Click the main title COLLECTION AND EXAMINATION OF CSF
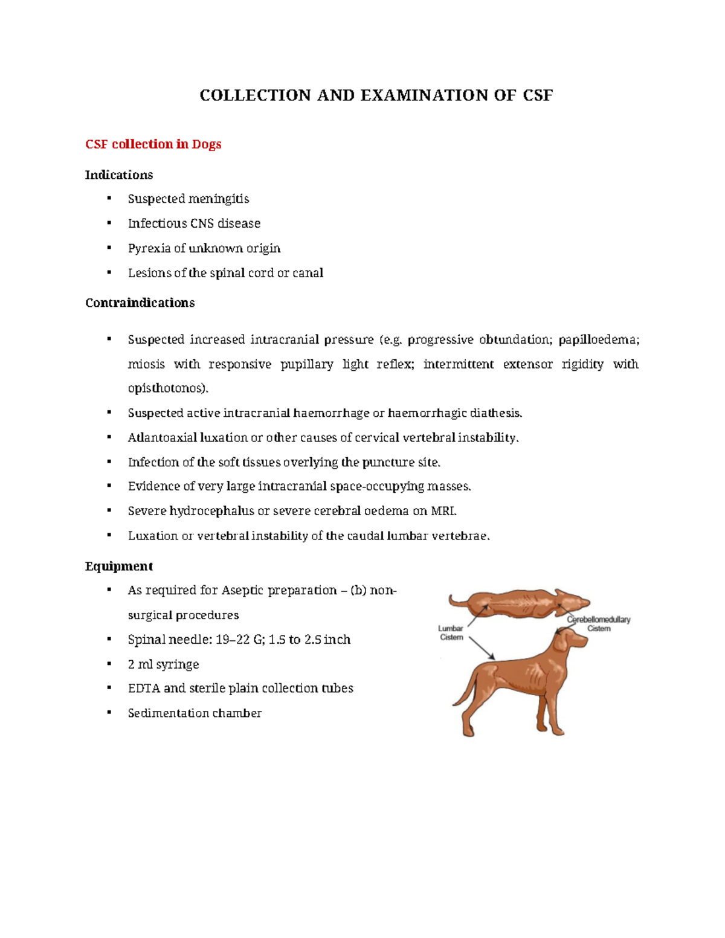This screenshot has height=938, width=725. [376, 95]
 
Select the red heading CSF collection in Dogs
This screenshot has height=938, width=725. [153, 144]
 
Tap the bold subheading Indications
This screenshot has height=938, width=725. [119, 175]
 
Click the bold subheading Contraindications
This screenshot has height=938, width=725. [140, 303]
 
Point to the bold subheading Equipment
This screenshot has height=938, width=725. [118, 566]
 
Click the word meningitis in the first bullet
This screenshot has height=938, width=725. [218, 199]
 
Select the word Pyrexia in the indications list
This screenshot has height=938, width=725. [149, 248]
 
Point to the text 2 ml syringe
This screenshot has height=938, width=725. [163, 664]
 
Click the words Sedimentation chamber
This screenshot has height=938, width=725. [195, 713]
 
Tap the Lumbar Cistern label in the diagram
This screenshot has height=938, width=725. [451, 633]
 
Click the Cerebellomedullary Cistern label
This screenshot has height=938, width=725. [598, 624]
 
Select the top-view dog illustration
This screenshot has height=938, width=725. [518, 603]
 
